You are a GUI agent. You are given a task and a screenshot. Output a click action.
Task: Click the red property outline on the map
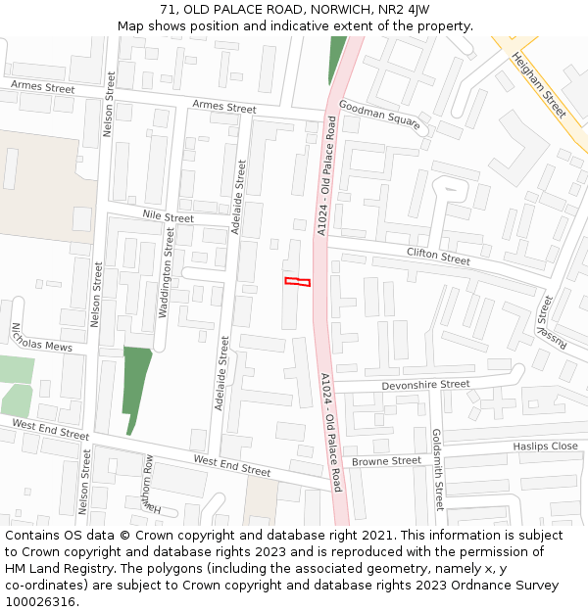tap(297, 282)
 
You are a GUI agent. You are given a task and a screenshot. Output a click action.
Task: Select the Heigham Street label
tap(539, 86)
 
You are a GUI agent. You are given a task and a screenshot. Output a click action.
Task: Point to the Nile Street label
tap(169, 216)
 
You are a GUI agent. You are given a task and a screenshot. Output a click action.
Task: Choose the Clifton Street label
tap(438, 257)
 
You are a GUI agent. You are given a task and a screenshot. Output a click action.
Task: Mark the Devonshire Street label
tap(425, 386)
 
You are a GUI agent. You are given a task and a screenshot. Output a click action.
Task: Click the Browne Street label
tap(386, 461)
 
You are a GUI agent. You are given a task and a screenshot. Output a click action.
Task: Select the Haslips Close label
tap(545, 447)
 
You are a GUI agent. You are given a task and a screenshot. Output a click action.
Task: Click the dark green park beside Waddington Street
tap(136, 382)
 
